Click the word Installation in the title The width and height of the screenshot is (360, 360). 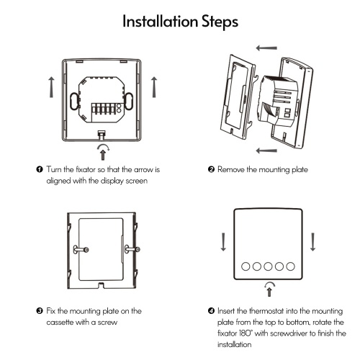pyautogui.click(x=160, y=21)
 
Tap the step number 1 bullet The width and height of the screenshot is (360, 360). pyautogui.click(x=40, y=169)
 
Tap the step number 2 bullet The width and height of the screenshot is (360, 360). pyautogui.click(x=211, y=169)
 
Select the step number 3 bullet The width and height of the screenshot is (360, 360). pyautogui.click(x=40, y=311)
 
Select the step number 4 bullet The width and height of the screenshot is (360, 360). pyautogui.click(x=211, y=311)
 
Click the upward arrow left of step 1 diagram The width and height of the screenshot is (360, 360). pyautogui.click(x=51, y=87)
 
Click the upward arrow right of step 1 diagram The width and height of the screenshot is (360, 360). pyautogui.click(x=154, y=87)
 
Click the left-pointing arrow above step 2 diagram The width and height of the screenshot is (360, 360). pyautogui.click(x=266, y=48)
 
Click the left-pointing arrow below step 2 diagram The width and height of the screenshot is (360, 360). pyautogui.click(x=266, y=150)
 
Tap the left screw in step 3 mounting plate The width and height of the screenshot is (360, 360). pyautogui.click(x=81, y=250)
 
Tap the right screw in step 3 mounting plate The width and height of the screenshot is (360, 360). pyautogui.click(x=132, y=250)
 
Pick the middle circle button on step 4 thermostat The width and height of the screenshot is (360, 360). pyautogui.click(x=268, y=266)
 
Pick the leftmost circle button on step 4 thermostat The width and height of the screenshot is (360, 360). pyautogui.click(x=246, y=266)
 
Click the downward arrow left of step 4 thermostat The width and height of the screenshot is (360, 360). pyautogui.click(x=223, y=242)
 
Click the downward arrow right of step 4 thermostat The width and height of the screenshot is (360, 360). pyautogui.click(x=312, y=242)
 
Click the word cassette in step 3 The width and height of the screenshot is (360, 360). pyautogui.click(x=60, y=322)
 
